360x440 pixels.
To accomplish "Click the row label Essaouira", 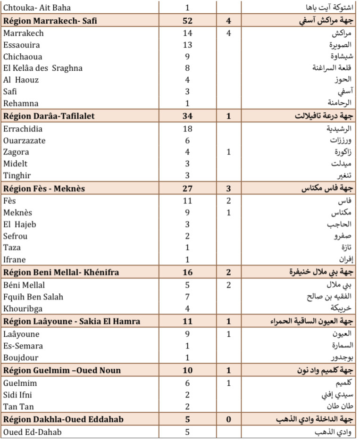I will (21, 45).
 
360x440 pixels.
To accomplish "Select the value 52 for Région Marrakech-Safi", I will (187, 21).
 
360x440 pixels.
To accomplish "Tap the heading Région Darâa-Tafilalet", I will (49, 116).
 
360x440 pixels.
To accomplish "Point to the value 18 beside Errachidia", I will (187, 129).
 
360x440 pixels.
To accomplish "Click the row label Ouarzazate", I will (24, 141).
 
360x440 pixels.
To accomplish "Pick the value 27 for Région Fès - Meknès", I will (187, 189).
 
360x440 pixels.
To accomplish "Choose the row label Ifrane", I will (15, 259).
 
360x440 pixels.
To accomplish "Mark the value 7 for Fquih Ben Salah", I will (187, 297).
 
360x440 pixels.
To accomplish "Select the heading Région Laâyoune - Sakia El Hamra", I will (72, 322).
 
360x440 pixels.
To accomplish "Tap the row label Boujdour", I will (21, 357).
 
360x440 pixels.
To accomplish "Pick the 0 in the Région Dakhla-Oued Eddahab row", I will (228, 419).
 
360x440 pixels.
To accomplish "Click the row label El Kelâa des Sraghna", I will (43, 68).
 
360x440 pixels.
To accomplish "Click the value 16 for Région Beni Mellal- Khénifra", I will (187, 273).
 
